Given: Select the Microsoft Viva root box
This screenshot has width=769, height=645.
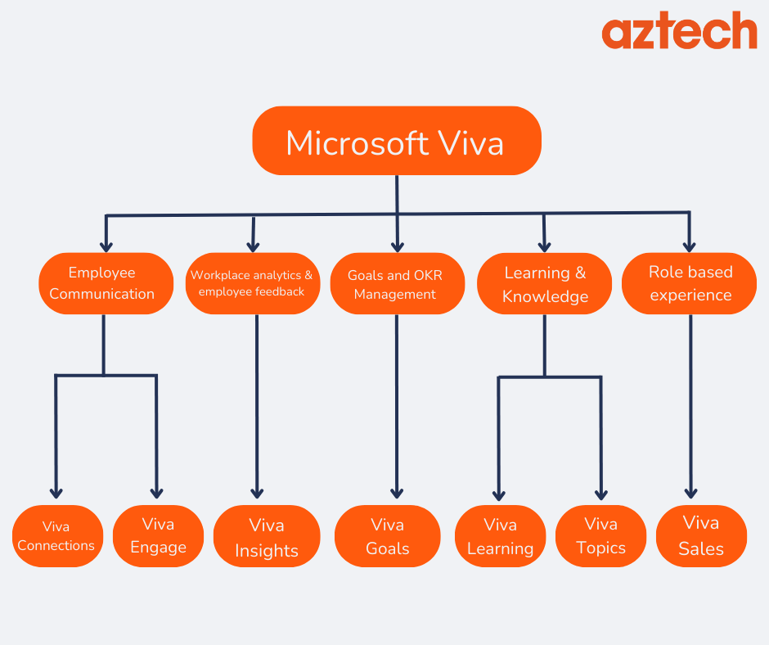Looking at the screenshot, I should click(x=396, y=141).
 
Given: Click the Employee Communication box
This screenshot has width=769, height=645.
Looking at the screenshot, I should click(x=106, y=283).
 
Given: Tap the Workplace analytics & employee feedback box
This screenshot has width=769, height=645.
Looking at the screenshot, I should click(x=252, y=283).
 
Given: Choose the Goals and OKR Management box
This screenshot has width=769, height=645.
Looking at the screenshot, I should click(x=396, y=283).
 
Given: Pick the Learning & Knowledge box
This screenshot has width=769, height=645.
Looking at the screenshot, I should click(x=544, y=283).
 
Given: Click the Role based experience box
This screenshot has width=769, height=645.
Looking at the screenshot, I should click(x=689, y=283).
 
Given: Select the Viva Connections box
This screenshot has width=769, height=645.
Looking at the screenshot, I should click(x=57, y=536).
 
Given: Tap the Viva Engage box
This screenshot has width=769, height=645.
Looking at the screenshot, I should click(x=158, y=536).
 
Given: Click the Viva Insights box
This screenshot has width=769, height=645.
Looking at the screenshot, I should click(x=267, y=536).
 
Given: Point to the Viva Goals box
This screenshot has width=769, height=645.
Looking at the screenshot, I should click(x=387, y=536).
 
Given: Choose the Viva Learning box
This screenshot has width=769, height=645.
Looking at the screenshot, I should click(x=500, y=536).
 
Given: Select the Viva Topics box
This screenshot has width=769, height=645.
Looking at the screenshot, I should click(x=600, y=536).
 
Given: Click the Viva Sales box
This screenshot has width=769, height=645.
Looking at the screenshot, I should click(x=701, y=536).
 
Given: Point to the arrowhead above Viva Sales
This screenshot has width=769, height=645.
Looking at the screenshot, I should click(x=690, y=493).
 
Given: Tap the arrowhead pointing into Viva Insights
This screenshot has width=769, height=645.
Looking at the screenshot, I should click(x=257, y=493).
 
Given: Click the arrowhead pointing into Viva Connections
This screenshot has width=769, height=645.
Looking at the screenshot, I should click(x=56, y=493).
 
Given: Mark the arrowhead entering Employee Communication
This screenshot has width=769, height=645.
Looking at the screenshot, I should click(x=106, y=245).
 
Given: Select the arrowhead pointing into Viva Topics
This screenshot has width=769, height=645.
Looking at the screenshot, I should click(x=600, y=494).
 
